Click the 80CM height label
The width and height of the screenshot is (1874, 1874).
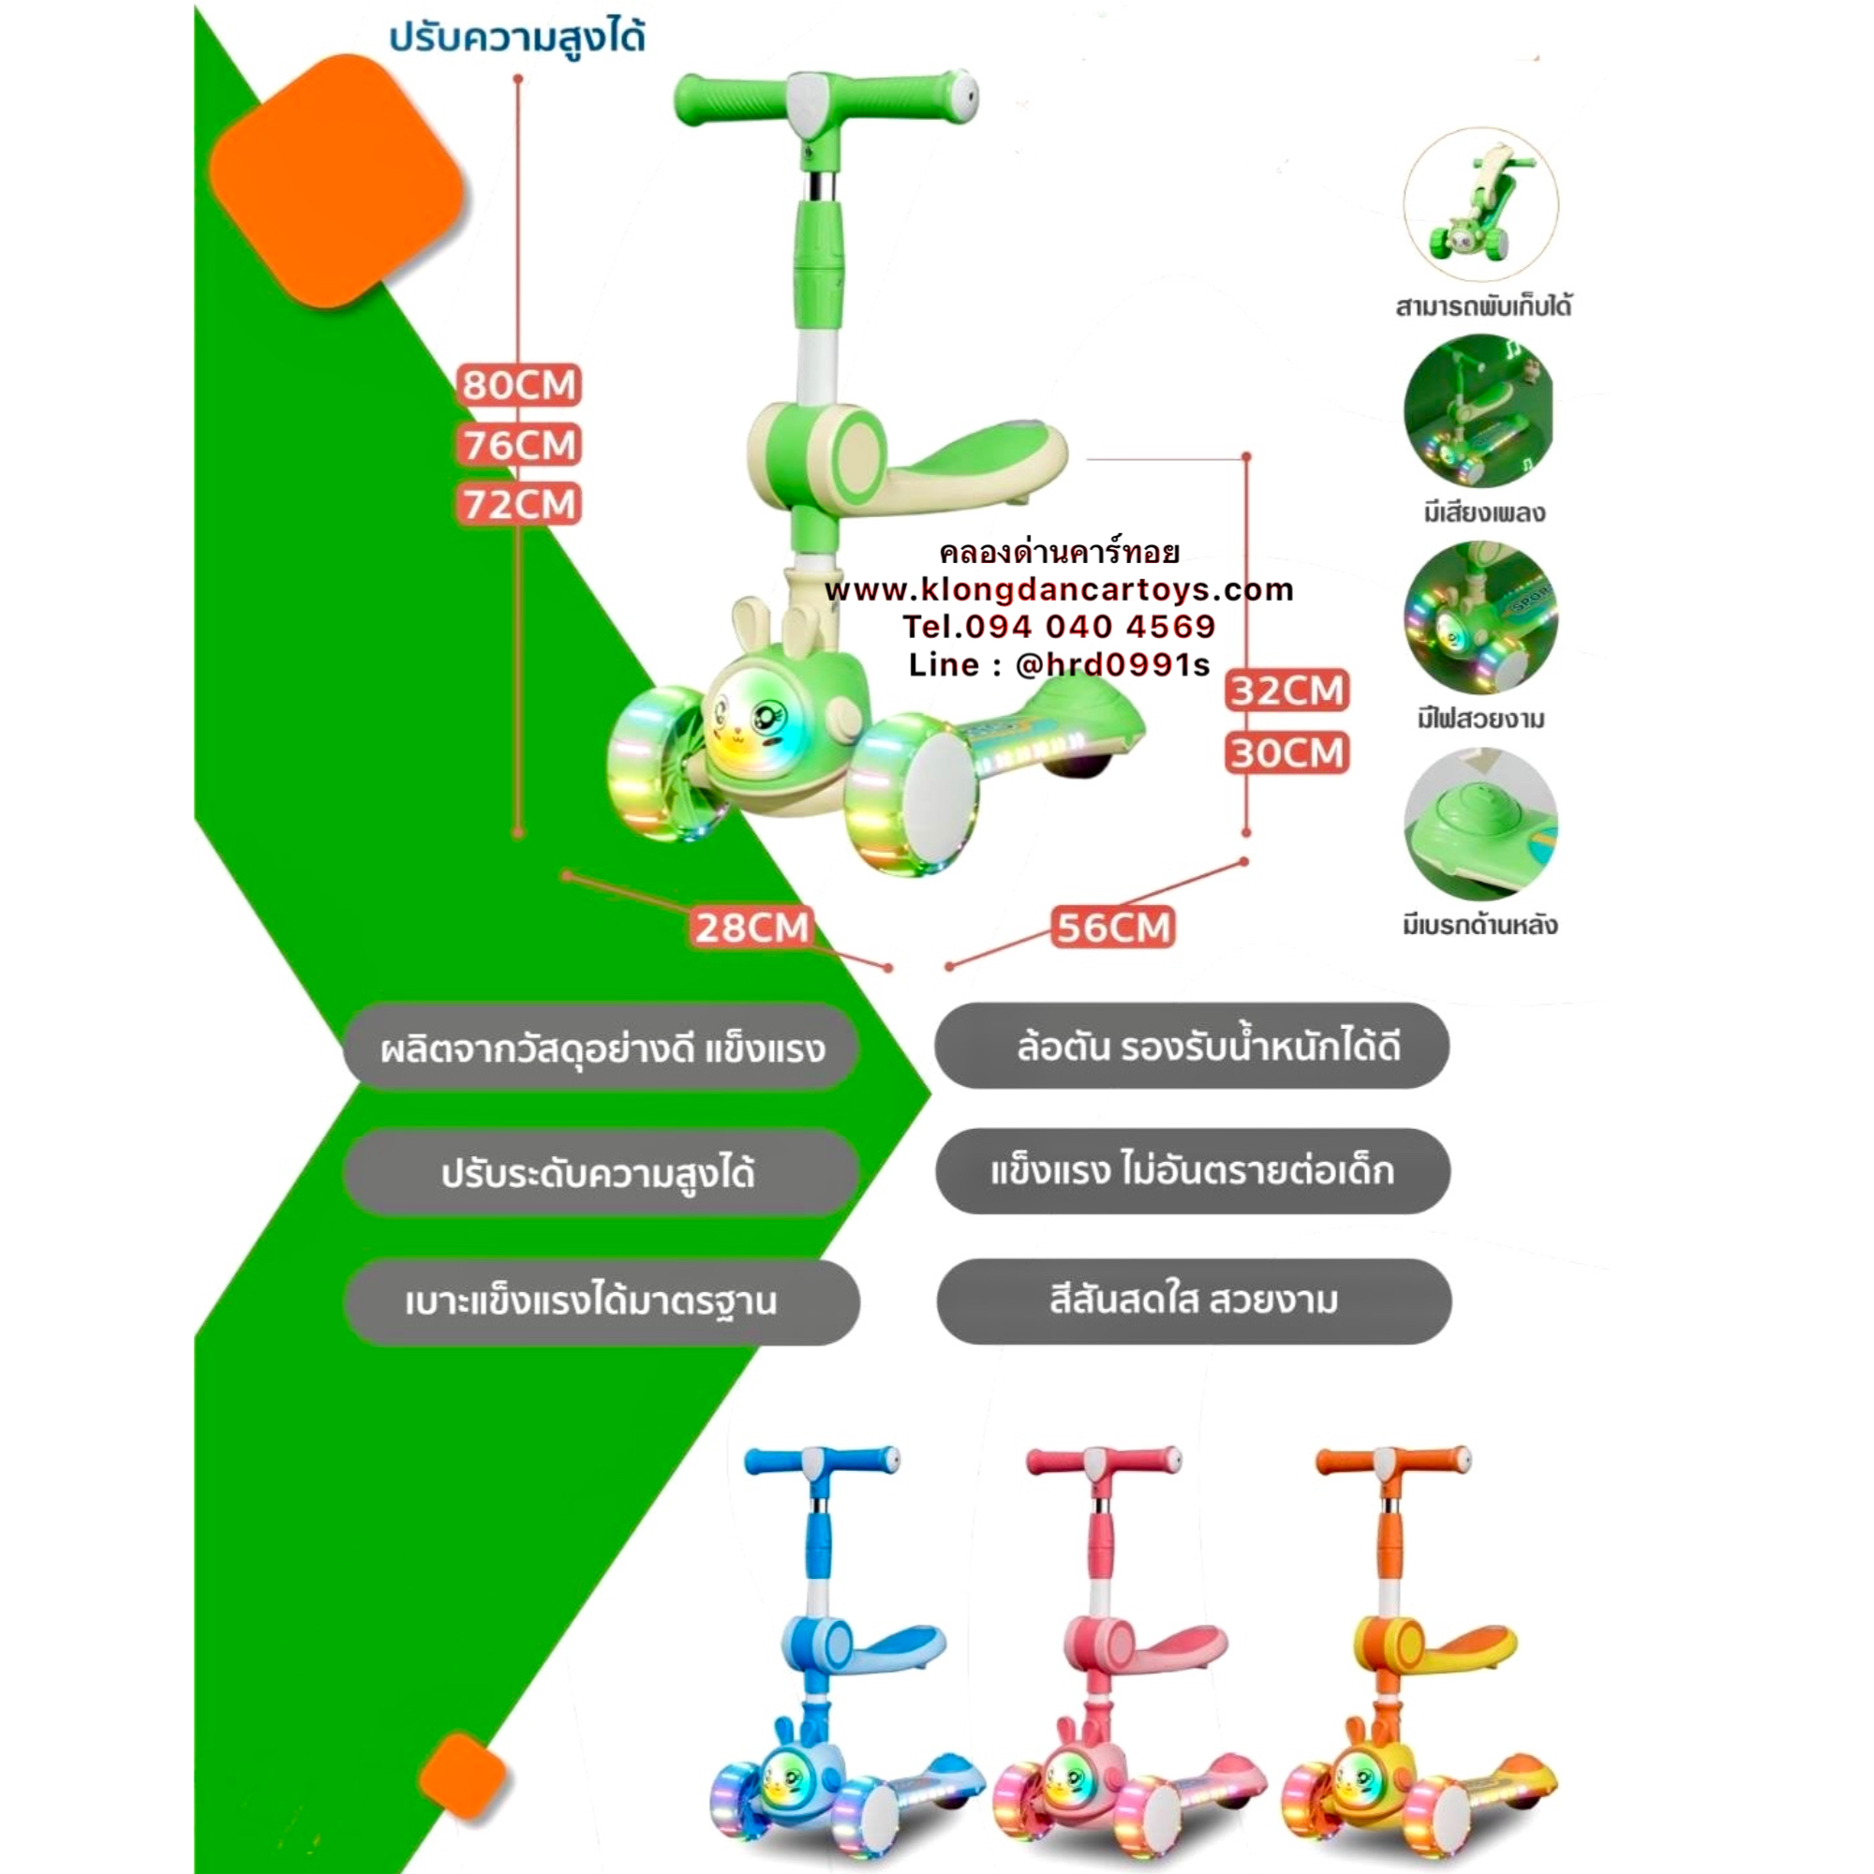[x=519, y=385]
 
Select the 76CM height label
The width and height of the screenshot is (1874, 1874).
[x=519, y=445]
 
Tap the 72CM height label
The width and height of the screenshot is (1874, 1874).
[x=519, y=504]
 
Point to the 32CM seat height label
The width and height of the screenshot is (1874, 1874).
[x=1287, y=691]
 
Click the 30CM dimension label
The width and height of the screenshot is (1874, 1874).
[x=1287, y=752]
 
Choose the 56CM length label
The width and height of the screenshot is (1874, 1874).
[x=1113, y=928]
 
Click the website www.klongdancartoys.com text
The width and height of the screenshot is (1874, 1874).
[x=1059, y=589]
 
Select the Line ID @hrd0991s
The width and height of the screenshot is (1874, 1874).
[x=1112, y=664]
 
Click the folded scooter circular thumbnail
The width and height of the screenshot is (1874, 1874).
[x=1480, y=204]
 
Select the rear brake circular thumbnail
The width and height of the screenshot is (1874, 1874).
[x=1480, y=825]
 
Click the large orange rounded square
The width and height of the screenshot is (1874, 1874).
[x=335, y=182]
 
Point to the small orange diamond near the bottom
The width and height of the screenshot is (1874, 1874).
[x=464, y=1777]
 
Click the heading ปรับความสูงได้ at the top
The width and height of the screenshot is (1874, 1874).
[x=517, y=38]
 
